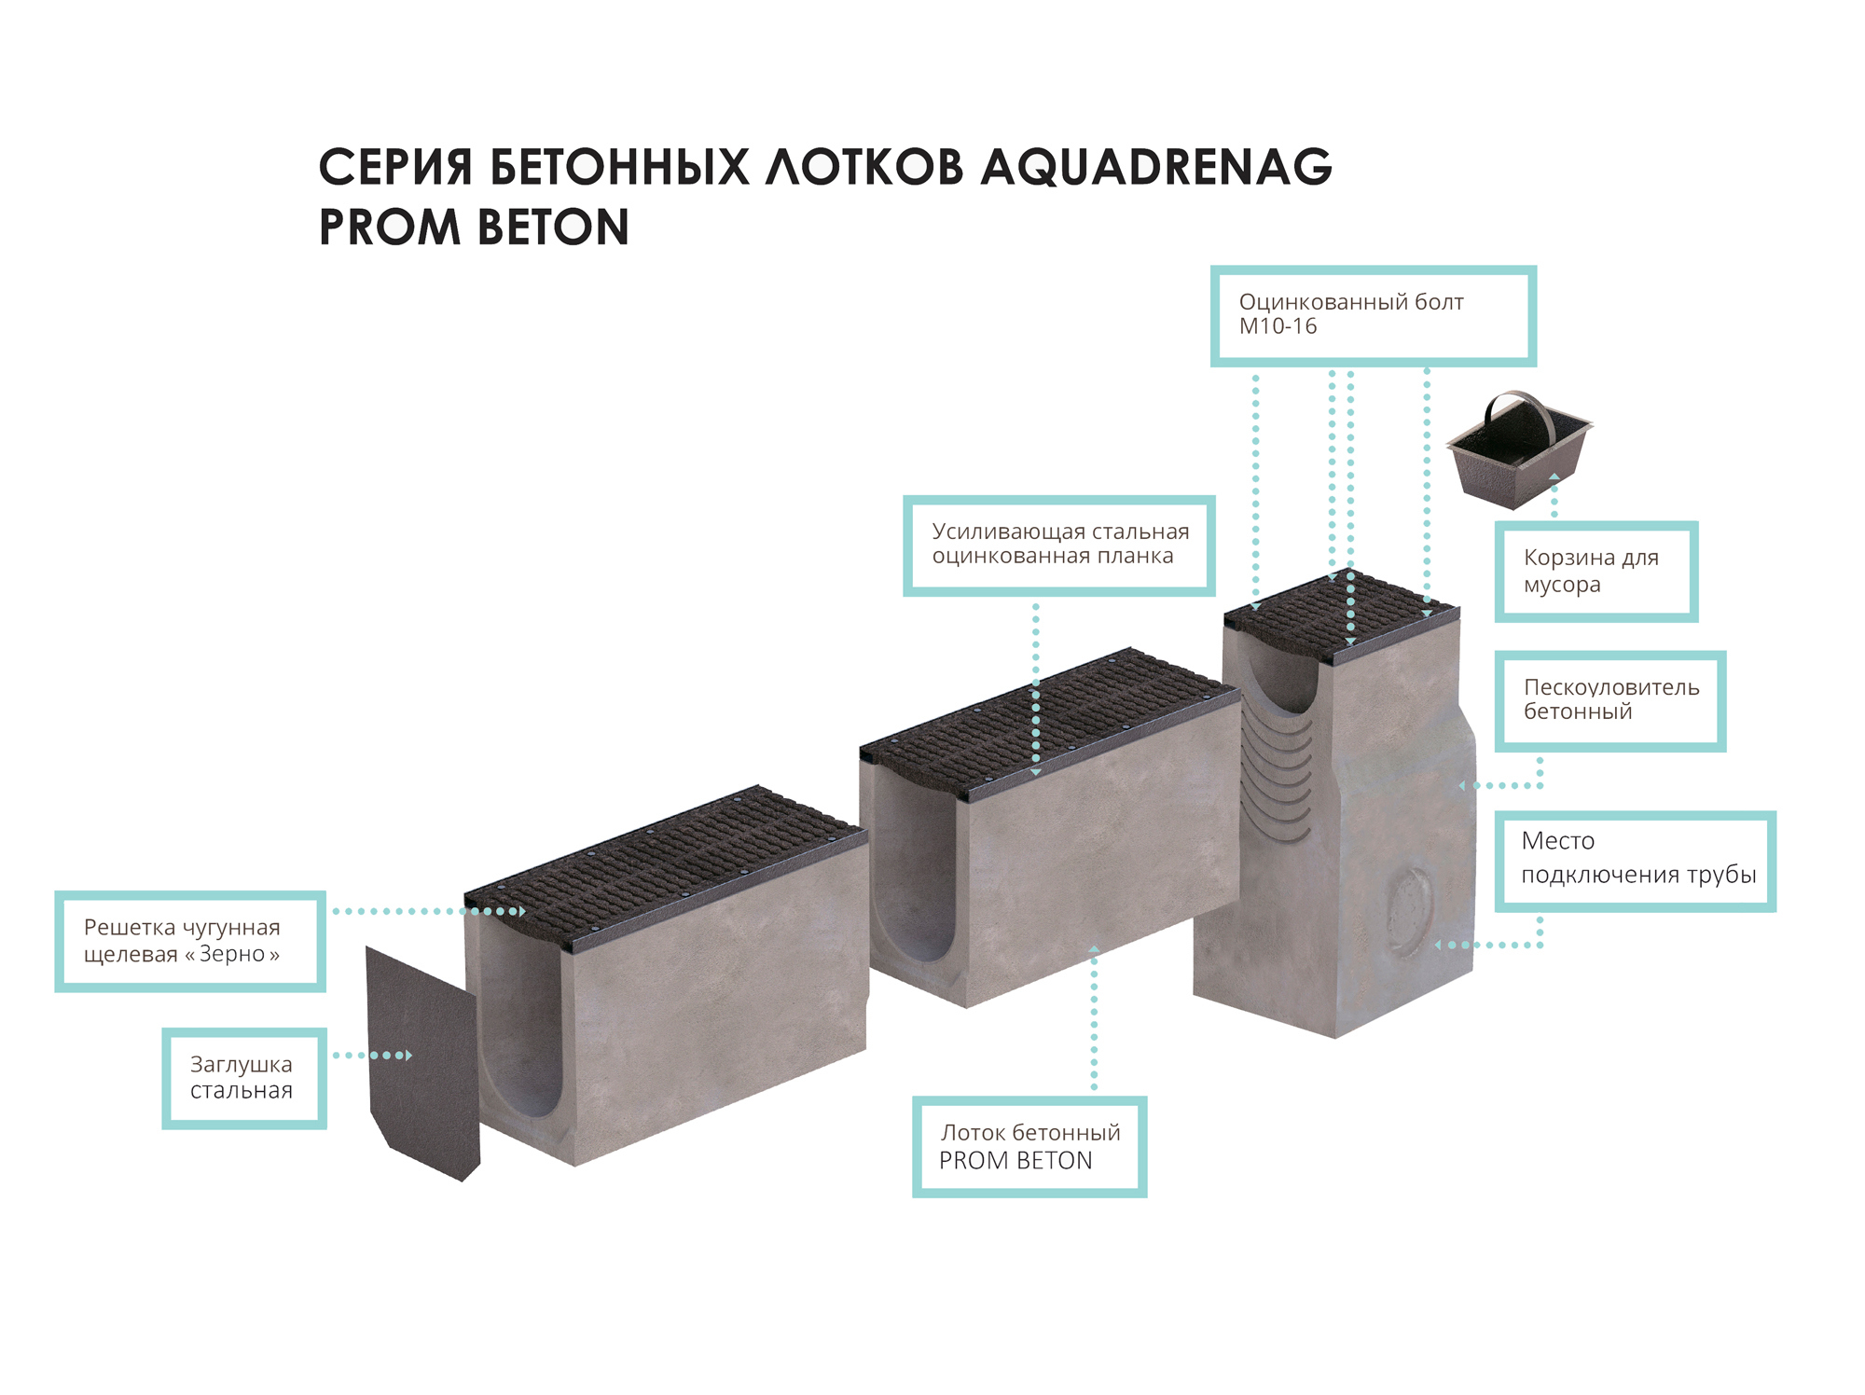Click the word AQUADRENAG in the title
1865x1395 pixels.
1156,168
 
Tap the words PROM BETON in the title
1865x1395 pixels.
474,228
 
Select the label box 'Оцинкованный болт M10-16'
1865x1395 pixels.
1373,316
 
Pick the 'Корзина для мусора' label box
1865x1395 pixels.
1596,571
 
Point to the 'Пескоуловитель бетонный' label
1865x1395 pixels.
1610,700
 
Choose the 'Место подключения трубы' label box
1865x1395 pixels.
1635,861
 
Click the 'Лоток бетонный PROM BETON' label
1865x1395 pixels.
1029,1146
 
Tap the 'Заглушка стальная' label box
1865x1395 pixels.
244,1078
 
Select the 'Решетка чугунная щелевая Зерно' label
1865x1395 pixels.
190,941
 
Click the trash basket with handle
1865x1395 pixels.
1519,450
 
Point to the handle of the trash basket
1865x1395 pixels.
1520,410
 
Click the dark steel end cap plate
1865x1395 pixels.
422,1063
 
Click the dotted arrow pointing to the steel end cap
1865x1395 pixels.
373,1056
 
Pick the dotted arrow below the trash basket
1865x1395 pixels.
1554,495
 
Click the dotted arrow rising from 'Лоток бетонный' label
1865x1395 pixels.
1094,1018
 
